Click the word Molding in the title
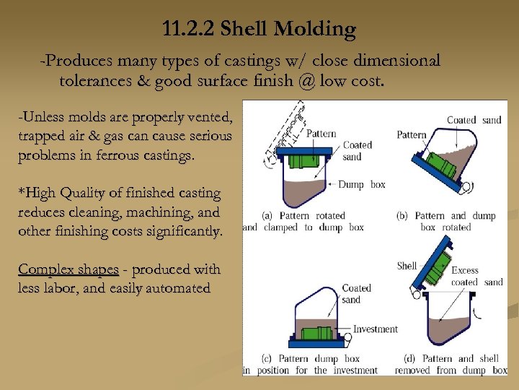click(x=319, y=30)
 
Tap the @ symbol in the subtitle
click(x=304, y=80)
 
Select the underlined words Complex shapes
click(x=68, y=269)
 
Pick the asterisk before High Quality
click(x=21, y=194)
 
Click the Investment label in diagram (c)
click(x=375, y=329)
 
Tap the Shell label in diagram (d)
click(x=407, y=266)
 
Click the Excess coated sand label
click(x=476, y=277)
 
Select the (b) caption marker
click(x=403, y=216)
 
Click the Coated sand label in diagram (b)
click(x=474, y=120)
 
